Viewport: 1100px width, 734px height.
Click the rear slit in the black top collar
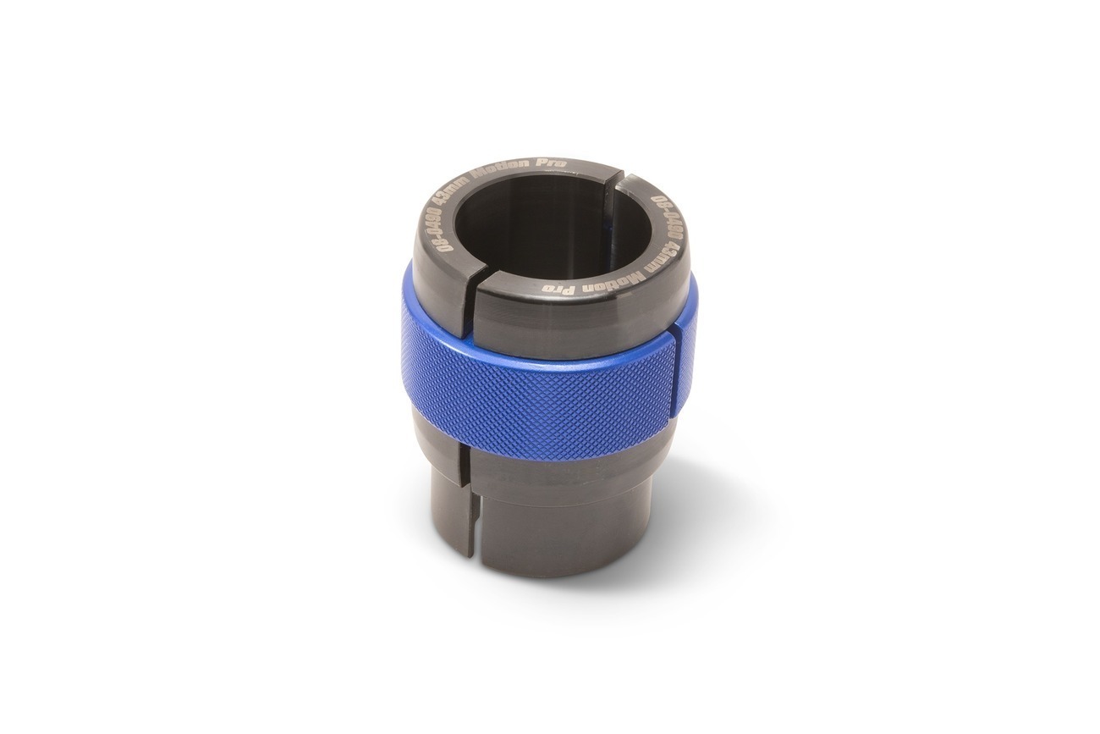click(x=618, y=179)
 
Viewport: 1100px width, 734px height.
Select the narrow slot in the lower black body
click(x=465, y=508)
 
